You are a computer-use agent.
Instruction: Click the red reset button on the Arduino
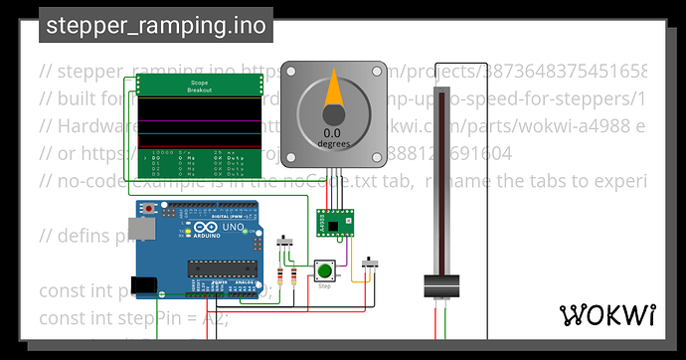[150, 210]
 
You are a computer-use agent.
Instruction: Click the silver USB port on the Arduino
[143, 233]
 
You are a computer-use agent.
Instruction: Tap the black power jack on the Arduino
[143, 285]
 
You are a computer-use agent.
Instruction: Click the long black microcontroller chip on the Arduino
[221, 268]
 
